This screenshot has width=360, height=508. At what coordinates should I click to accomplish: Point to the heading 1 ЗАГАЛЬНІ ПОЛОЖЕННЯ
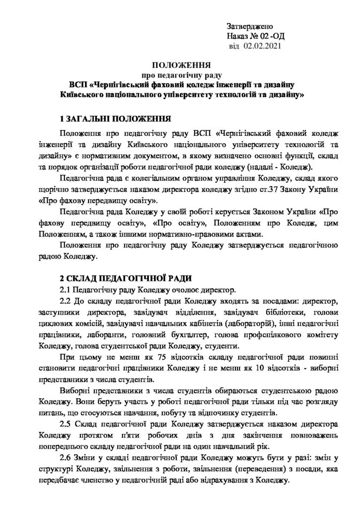point(115,120)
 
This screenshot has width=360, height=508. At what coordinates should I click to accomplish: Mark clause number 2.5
point(67,425)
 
